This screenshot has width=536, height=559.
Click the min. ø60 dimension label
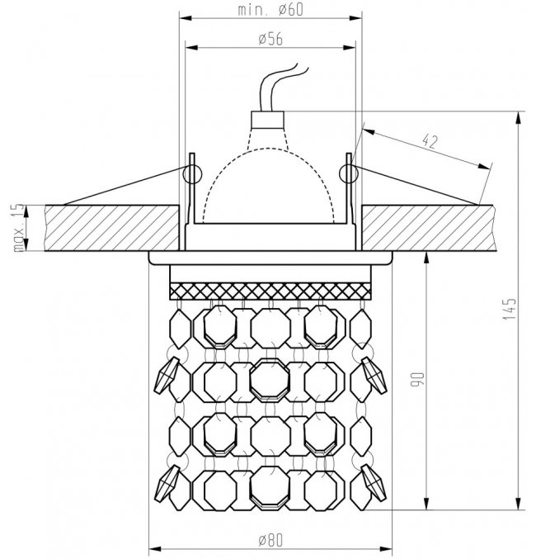pos(270,10)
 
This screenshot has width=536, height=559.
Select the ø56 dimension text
pos(270,39)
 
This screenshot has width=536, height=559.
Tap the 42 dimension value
pos(430,141)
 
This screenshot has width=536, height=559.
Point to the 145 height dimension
pos(510,309)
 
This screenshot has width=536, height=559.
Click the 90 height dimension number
pos(417,379)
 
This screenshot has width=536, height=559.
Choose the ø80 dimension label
pos(270,540)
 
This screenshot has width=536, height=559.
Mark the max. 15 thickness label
pos(18,228)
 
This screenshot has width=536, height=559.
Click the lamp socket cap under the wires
pos(267,121)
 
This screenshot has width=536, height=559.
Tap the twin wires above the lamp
pos(281,88)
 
